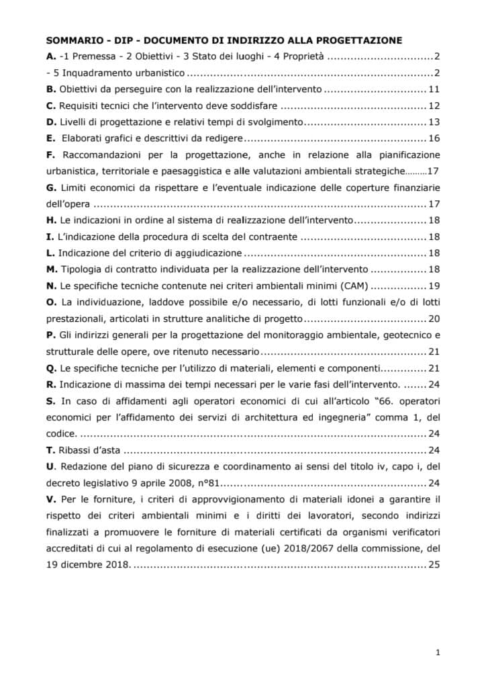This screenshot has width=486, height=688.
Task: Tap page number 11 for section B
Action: click(x=434, y=89)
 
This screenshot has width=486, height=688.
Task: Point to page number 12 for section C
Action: click(x=434, y=105)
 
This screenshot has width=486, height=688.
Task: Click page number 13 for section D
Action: click(x=434, y=122)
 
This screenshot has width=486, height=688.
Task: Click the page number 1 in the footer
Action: click(x=438, y=652)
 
